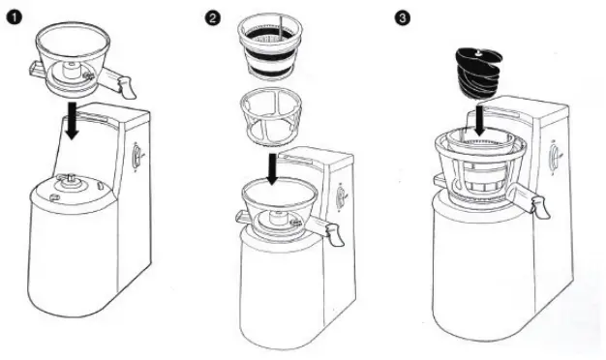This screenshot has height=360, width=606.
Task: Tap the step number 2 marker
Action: (211, 16)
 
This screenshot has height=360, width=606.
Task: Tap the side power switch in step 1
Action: (137, 156)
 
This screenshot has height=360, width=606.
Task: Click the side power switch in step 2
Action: (341, 193)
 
